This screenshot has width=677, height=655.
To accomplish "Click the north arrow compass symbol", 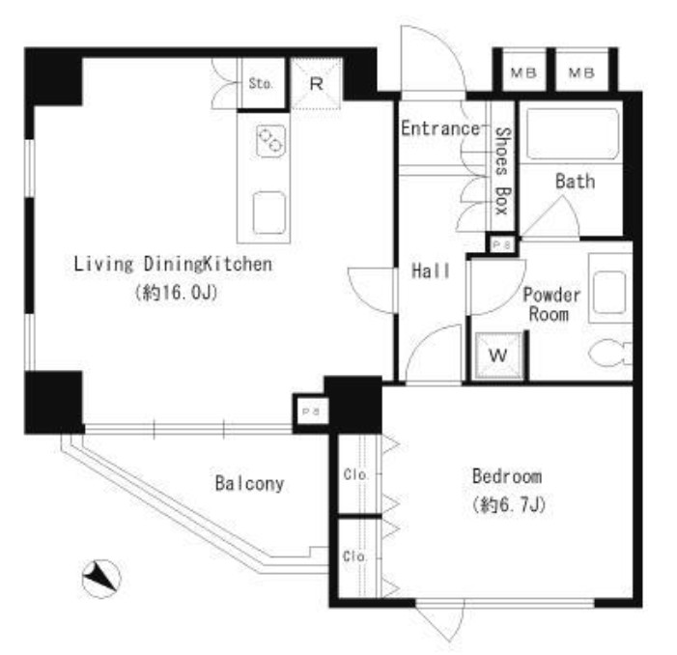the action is point(101,579).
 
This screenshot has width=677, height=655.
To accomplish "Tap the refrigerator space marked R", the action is point(317,84).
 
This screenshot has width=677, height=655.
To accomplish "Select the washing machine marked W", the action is point(498,356).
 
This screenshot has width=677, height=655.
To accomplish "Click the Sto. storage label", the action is point(261,83).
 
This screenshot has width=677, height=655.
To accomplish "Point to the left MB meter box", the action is point(523,72).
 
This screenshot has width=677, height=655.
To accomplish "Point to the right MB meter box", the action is point(581,72).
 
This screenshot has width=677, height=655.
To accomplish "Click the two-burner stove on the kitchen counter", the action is point(270,141).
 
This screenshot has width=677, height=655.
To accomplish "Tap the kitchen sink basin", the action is point(269,213).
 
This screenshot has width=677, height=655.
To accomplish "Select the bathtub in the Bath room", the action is point(573,134).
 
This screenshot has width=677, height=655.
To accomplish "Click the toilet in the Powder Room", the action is point(611,354).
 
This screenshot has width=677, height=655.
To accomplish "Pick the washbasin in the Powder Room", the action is point(609,293).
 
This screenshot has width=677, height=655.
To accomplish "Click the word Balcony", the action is point(249,484).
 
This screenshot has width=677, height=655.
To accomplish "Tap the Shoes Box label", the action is point(502,171).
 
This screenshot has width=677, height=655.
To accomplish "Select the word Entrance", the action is point(440,128).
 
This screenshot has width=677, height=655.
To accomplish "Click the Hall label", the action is point(431,271).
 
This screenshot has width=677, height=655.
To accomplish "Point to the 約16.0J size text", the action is point(176,293).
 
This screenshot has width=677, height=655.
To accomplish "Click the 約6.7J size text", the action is point(509,504).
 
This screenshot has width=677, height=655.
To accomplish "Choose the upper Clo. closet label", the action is point(356,475).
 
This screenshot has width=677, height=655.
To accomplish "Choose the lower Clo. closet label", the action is point(354,556).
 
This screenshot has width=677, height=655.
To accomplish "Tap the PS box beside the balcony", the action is point(310,412).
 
